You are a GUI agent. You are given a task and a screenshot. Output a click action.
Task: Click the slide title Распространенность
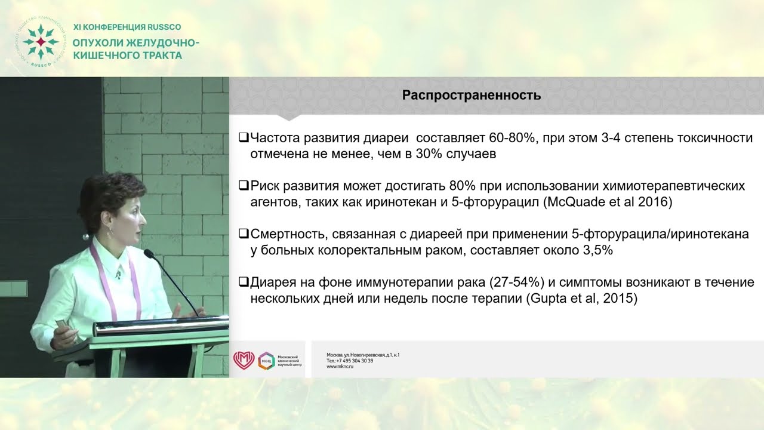(472, 96)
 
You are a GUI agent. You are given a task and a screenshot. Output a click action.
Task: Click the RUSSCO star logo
(40, 42)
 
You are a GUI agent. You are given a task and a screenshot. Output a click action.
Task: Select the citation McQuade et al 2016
(608, 202)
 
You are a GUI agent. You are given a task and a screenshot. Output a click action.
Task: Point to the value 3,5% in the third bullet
(597, 250)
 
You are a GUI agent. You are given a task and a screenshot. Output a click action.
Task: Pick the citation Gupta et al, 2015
(581, 299)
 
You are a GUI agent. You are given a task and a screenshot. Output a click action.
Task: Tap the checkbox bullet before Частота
(243, 138)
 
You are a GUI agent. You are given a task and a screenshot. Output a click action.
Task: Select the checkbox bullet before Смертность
(243, 234)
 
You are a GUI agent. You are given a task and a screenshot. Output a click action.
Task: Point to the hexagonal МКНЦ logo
(266, 360)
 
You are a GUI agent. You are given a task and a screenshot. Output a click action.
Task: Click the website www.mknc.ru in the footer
(340, 367)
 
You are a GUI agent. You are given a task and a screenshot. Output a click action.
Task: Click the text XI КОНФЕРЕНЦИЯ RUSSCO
(127, 27)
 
